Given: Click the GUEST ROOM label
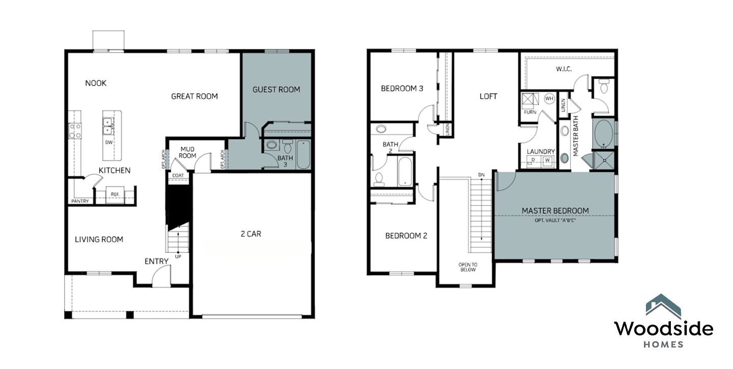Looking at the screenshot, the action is [x=276, y=90].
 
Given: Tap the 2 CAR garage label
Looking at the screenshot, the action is [x=251, y=234].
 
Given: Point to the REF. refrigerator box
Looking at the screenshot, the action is [x=115, y=195].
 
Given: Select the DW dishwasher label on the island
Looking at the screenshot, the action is [x=109, y=142].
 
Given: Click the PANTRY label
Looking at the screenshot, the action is [x=80, y=201].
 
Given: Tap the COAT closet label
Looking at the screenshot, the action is [x=178, y=175].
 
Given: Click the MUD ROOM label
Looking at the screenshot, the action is [x=187, y=152].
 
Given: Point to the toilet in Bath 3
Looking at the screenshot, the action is [x=288, y=146].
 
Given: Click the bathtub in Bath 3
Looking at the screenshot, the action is [x=303, y=154].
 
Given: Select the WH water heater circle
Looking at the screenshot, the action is [x=549, y=98].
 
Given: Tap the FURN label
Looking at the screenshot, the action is [x=530, y=112].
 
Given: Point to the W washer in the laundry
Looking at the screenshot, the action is [x=547, y=160].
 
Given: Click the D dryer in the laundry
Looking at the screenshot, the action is [x=533, y=160].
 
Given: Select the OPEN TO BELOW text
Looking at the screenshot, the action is [x=468, y=267].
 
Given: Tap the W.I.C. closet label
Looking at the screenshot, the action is [x=564, y=69].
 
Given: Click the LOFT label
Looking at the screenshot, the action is [x=488, y=96].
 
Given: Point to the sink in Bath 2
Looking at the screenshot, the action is [x=381, y=129].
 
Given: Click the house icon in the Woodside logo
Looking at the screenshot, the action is [x=663, y=306].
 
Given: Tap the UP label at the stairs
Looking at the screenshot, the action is [x=178, y=256].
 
